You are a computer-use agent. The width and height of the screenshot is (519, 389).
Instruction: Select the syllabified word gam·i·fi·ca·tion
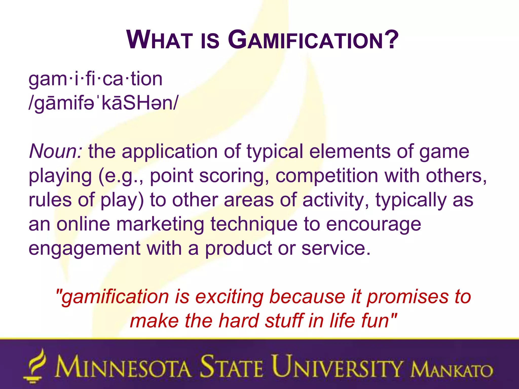95,79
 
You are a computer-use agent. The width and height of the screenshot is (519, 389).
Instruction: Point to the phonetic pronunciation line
103,103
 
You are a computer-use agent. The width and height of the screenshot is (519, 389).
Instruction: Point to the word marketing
160,224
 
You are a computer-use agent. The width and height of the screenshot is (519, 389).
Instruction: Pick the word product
238,248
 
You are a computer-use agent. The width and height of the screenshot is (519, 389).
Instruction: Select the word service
336,248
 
